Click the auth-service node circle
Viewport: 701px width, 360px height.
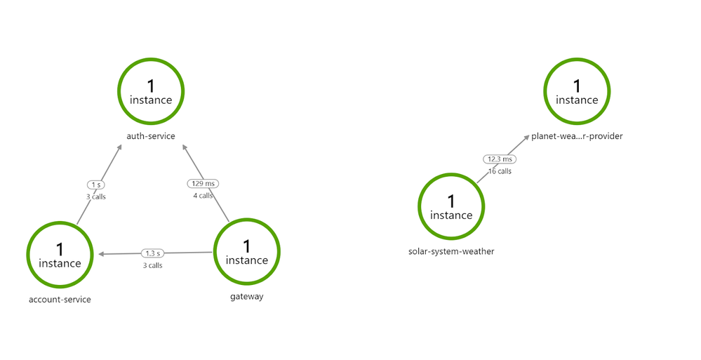(x=151, y=59)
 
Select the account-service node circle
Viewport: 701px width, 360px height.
(x=60, y=222)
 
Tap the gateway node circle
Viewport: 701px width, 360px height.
(x=247, y=219)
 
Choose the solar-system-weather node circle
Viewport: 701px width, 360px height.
(x=451, y=175)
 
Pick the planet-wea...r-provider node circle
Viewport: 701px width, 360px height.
(x=578, y=59)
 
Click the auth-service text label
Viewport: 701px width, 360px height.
(x=151, y=136)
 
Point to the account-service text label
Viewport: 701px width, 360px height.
(x=60, y=300)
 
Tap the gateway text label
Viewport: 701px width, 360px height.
(x=247, y=297)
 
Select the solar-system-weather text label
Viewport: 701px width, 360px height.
(x=451, y=251)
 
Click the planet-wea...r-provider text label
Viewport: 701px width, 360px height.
(x=577, y=136)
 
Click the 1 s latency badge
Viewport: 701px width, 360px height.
(x=95, y=185)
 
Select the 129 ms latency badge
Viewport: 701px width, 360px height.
(x=203, y=183)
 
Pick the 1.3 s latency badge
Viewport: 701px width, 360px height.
(x=152, y=253)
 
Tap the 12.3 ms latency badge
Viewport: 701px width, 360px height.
(x=500, y=159)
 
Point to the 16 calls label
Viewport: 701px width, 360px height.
(x=500, y=171)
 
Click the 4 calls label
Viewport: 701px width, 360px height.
(x=203, y=195)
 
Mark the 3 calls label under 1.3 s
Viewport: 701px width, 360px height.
(x=152, y=266)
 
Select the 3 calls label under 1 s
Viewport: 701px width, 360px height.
(x=96, y=196)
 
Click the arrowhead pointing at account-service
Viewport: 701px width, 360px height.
(x=101, y=254)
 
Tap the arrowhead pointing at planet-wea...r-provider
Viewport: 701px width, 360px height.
(x=527, y=138)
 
